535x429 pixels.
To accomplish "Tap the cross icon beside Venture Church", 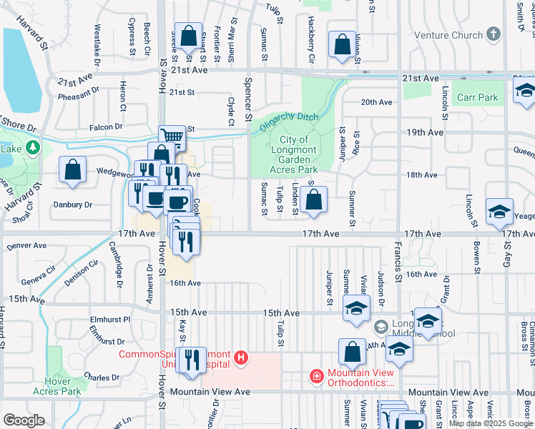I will pyautogui.click(x=493, y=34).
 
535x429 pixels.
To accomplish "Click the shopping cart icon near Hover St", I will pyautogui.click(x=172, y=137).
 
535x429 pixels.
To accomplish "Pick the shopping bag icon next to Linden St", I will pyautogui.click(x=314, y=199).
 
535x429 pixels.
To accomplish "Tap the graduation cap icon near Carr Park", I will pyautogui.click(x=525, y=92).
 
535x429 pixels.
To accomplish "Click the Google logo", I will pyautogui.click(x=23, y=420).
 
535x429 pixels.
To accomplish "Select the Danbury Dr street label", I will pyautogui.click(x=73, y=204).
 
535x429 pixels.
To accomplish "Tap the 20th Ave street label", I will pyautogui.click(x=377, y=102).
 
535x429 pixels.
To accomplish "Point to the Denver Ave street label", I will pyautogui.click(x=26, y=245).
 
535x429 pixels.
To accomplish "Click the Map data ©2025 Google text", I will pyautogui.click(x=491, y=423).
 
